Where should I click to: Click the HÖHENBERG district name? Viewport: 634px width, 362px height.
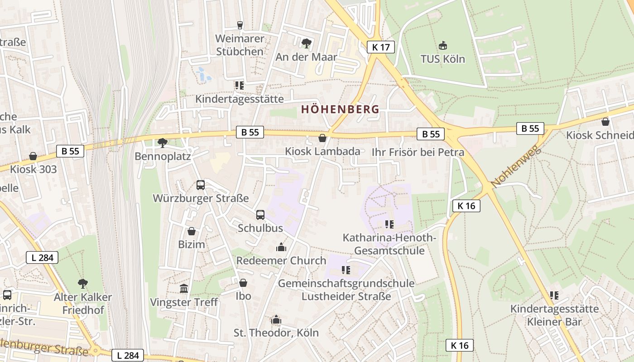tap(340, 109)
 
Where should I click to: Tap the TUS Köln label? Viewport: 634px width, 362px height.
tap(442, 59)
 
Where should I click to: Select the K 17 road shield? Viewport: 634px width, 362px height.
tap(381, 47)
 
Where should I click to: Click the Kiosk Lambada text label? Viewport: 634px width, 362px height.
tap(322, 151)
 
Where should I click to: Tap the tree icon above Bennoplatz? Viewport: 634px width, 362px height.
tap(163, 143)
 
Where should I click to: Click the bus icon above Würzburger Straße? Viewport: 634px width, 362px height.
tap(201, 185)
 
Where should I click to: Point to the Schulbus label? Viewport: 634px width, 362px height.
tap(260, 228)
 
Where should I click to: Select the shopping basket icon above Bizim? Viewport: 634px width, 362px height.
tap(192, 231)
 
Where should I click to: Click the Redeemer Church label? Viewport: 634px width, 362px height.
tap(281, 261)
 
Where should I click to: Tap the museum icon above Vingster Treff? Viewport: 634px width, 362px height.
tap(184, 288)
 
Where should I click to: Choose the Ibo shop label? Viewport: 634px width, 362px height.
tap(243, 296)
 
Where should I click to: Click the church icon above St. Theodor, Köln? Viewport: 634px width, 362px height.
tap(276, 320)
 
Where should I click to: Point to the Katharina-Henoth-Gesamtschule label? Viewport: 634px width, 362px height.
tap(389, 244)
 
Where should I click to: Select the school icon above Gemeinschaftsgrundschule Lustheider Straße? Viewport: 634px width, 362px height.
tap(346, 270)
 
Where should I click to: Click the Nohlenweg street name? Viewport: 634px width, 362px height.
tap(516, 167)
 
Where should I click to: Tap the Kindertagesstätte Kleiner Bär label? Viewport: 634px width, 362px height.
tap(554, 315)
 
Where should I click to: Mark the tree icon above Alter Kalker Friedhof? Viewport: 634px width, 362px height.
tap(82, 284)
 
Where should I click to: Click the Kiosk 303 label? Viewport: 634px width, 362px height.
tap(34, 169)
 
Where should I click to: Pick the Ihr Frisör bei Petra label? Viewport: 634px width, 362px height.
tap(418, 152)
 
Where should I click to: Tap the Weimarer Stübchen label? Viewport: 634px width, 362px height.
tap(240, 45)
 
